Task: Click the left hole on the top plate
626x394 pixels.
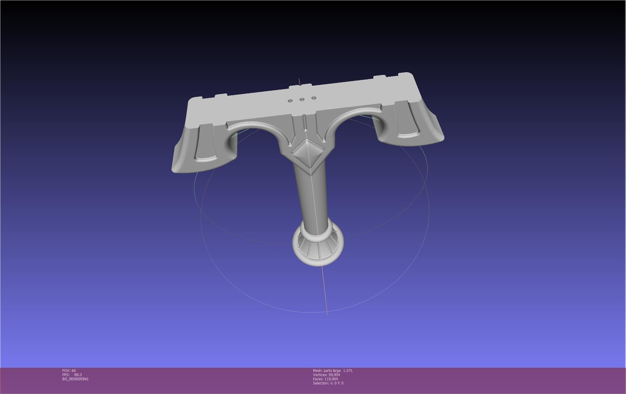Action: (290, 101)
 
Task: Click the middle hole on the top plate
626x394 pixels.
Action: (302, 99)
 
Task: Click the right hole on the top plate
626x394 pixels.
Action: (314, 98)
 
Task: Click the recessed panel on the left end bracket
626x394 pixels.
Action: (206, 146)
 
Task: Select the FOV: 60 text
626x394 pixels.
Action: (69, 371)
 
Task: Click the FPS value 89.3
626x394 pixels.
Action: (78, 375)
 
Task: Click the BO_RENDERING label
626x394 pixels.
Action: (75, 379)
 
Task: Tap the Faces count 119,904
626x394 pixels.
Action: (331, 379)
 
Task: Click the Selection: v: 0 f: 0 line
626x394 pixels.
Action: (328, 383)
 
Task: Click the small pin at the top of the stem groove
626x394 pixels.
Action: (305, 130)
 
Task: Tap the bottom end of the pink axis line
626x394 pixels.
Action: (327, 314)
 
